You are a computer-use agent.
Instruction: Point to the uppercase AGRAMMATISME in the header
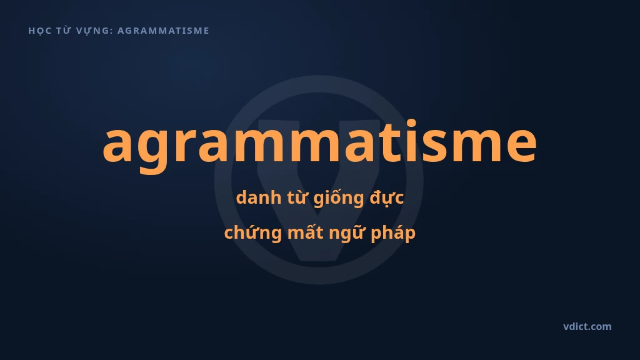(x=163, y=31)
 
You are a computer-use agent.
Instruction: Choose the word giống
(x=339, y=198)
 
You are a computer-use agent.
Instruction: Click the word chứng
(x=253, y=233)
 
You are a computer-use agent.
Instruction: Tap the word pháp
(x=393, y=234)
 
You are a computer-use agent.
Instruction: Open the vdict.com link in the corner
(x=587, y=326)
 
